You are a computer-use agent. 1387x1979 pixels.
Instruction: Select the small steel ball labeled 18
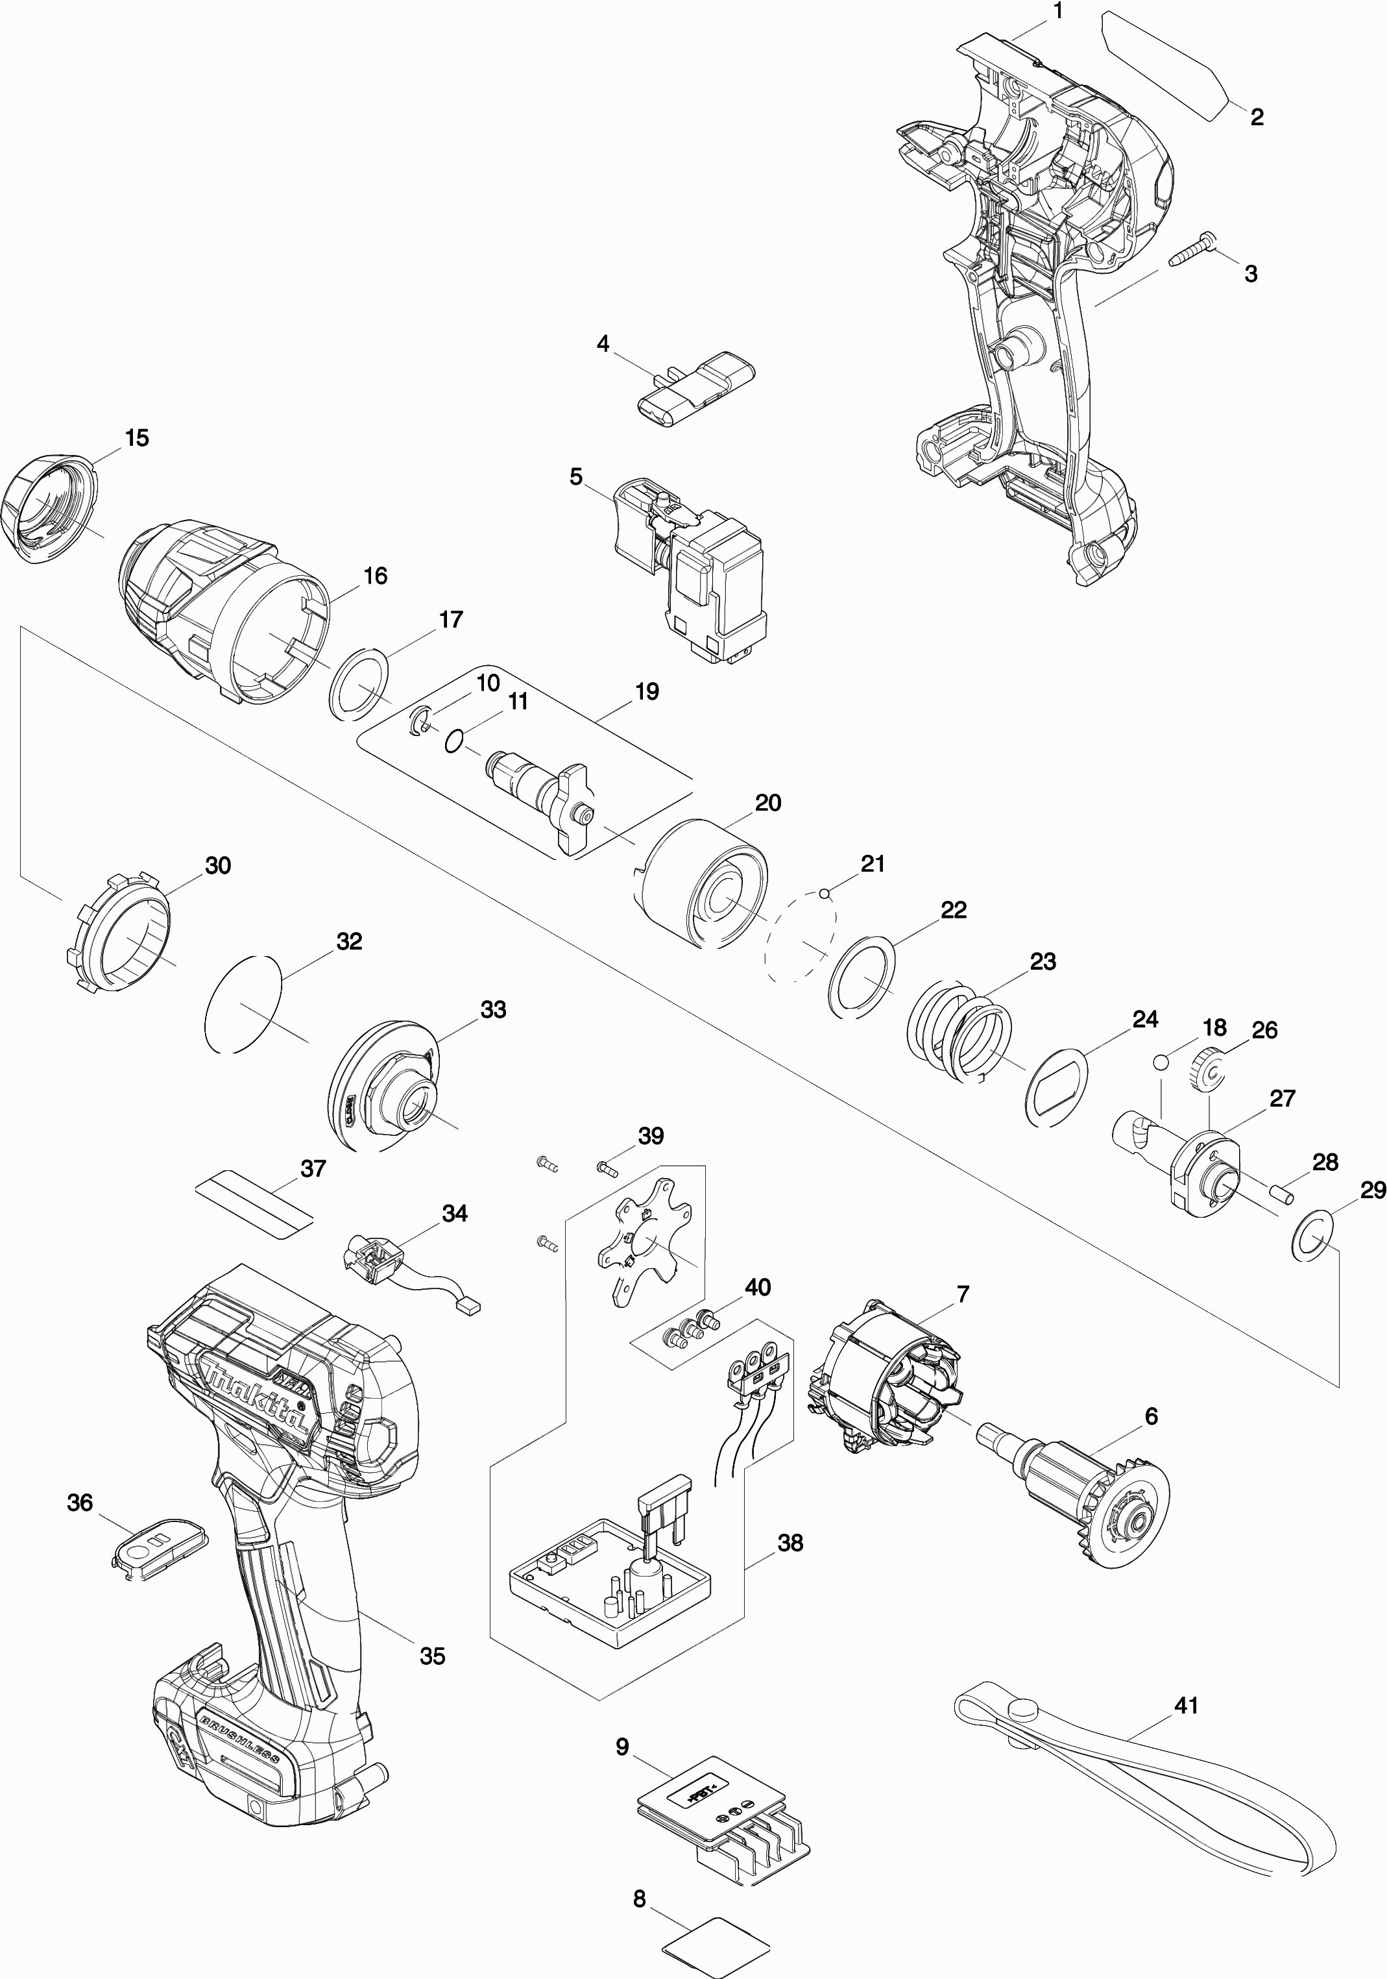[x=1161, y=1061]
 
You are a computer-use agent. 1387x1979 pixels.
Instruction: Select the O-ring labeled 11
[x=455, y=739]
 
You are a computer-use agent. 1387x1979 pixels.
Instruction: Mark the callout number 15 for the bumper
[x=136, y=438]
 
